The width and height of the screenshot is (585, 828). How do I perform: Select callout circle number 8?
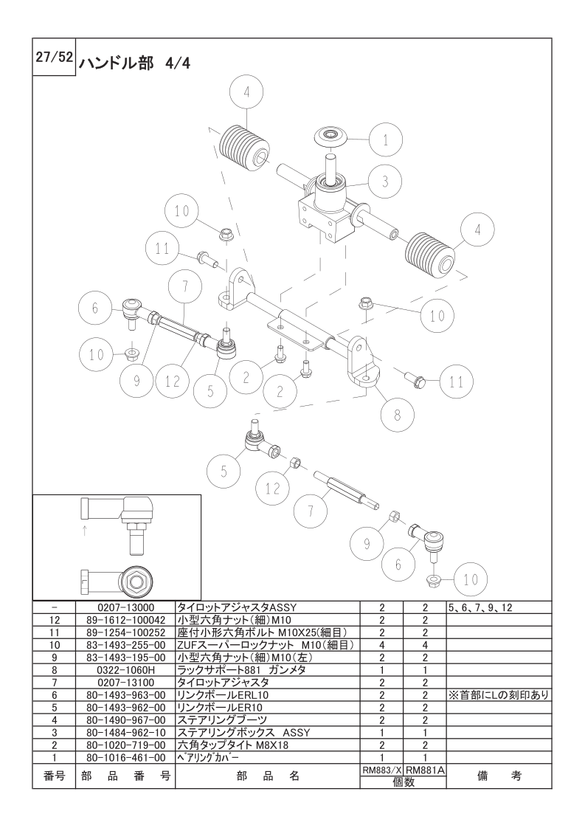click(x=397, y=415)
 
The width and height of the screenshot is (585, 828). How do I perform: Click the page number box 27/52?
click(x=54, y=58)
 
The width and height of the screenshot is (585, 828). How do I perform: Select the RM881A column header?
click(x=425, y=770)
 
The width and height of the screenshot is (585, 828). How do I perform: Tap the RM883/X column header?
click(x=381, y=770)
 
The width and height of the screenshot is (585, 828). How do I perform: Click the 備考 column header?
click(x=498, y=776)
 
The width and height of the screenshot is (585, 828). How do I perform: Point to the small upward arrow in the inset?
click(x=85, y=531)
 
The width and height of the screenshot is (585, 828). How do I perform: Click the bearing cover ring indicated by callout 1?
click(x=331, y=136)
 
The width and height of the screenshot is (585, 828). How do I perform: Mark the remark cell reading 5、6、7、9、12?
click(x=480, y=607)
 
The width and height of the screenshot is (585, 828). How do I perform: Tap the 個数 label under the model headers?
click(x=403, y=782)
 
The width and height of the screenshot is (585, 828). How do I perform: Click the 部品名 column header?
click(x=266, y=776)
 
